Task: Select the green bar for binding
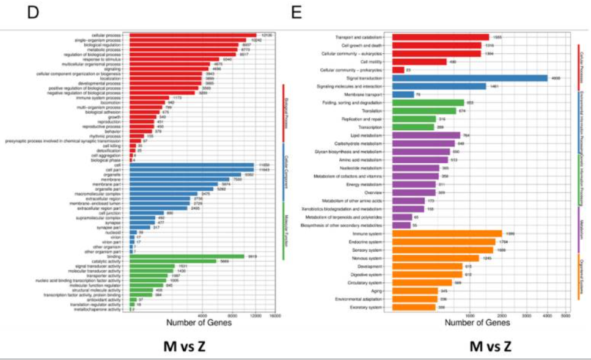[x=187, y=257]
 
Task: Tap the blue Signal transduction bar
[x=469, y=78]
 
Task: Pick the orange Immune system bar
[x=447, y=233]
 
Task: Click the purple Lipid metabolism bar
[x=426, y=135]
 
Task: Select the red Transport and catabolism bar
[x=440, y=37]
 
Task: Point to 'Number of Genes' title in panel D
[x=199, y=322]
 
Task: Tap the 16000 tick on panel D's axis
[x=275, y=315]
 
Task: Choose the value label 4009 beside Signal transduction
[x=556, y=78]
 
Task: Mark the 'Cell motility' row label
[x=371, y=62]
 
